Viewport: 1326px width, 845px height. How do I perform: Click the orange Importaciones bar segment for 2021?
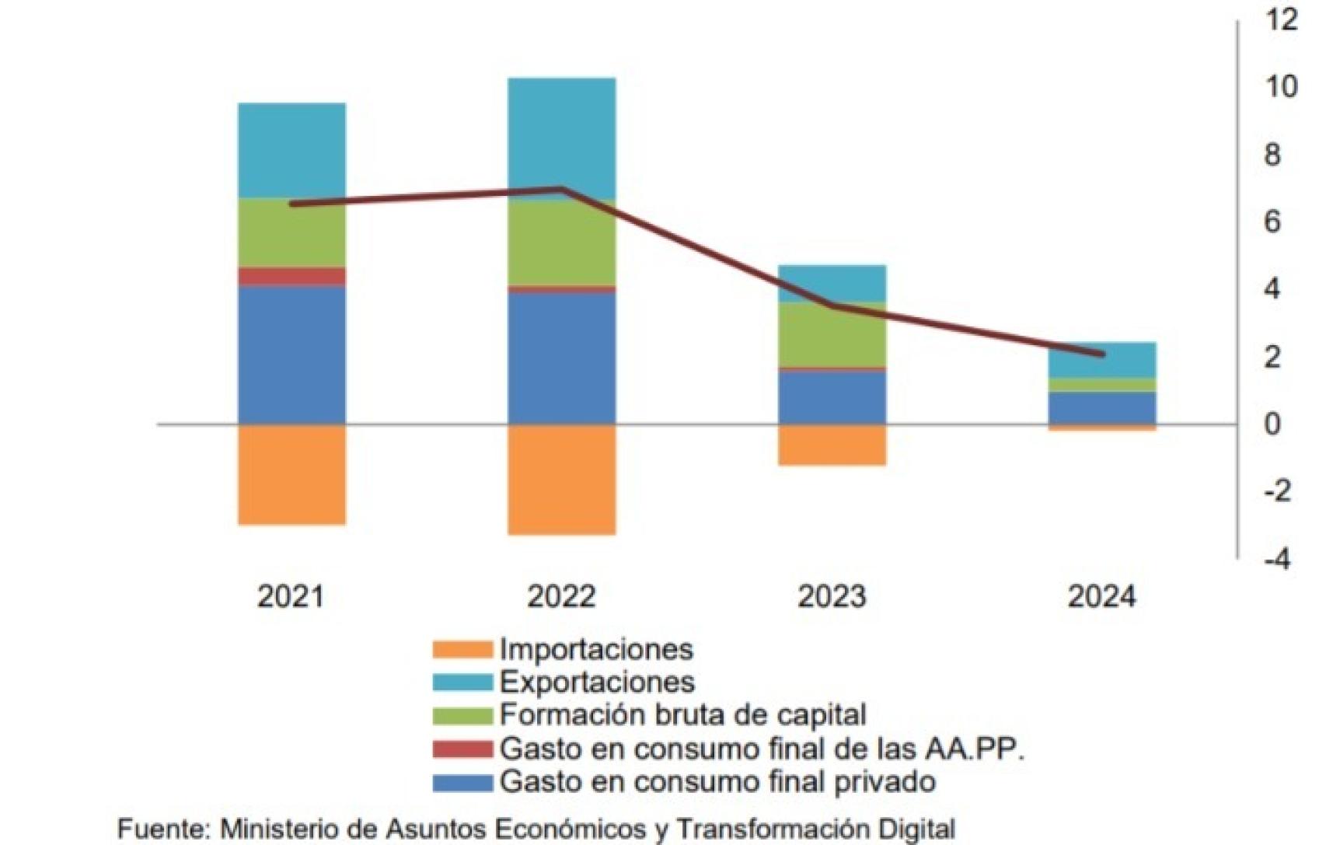[x=291, y=474]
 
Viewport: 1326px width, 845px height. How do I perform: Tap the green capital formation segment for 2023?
[x=832, y=334]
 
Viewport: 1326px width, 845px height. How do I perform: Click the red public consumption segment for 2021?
[x=291, y=276]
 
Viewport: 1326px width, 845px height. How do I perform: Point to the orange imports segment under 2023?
[x=832, y=445]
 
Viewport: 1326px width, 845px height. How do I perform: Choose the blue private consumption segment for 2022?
[x=561, y=358]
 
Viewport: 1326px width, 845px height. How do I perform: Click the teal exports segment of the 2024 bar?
[x=1101, y=360]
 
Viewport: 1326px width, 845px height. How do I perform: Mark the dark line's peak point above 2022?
[x=561, y=189]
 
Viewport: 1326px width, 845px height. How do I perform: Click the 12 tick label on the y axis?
[x=1281, y=20]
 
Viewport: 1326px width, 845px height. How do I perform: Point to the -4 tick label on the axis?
[x=1277, y=559]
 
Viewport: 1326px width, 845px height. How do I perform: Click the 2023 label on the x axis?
[x=832, y=597]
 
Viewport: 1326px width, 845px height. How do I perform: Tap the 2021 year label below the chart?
[x=291, y=597]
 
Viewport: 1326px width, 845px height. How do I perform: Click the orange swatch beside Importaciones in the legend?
[x=462, y=649]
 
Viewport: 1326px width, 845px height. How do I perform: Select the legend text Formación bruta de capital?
[x=682, y=714]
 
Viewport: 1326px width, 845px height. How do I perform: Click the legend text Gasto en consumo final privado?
[x=717, y=781]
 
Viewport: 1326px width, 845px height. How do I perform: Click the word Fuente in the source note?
[x=164, y=829]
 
